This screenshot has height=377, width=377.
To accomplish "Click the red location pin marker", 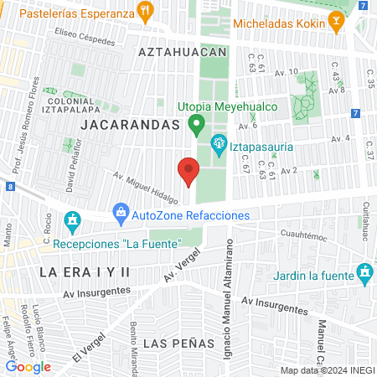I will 188,173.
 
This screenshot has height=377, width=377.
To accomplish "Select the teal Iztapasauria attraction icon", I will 219,143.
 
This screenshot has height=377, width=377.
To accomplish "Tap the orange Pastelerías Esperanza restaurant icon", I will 147,13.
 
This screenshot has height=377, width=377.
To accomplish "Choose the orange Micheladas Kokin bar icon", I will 337,20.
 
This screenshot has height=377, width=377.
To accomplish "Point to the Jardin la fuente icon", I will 365,272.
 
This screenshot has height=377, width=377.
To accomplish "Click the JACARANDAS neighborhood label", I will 132,125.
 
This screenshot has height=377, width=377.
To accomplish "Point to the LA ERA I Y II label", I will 86,272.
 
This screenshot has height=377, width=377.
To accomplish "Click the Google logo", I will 28,366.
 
